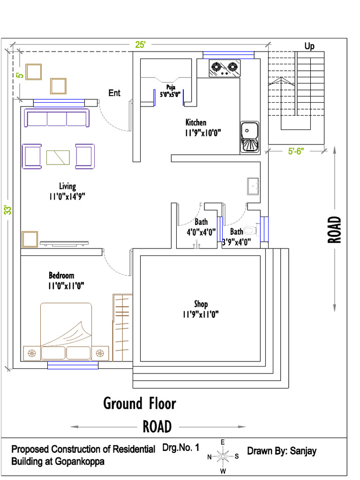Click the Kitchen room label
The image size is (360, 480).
click(x=195, y=123)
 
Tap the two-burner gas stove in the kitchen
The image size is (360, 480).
click(x=224, y=68)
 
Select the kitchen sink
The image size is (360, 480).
click(x=249, y=137)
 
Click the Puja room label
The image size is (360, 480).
click(x=170, y=87)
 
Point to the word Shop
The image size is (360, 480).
click(x=201, y=304)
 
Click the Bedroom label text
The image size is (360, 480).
click(x=61, y=275)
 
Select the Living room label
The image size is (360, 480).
click(x=67, y=186)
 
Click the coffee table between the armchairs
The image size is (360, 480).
click(x=58, y=157)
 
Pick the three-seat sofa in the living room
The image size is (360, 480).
click(x=57, y=118)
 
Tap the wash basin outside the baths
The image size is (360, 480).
click(x=254, y=186)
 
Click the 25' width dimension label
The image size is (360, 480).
click(x=140, y=45)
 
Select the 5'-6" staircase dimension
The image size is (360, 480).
click(x=296, y=151)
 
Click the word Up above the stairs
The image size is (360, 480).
click(x=309, y=46)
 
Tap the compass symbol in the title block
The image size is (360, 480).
click(x=223, y=456)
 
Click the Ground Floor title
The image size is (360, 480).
click(x=140, y=403)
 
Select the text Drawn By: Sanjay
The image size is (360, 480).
click(x=282, y=451)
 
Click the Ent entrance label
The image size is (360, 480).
click(x=114, y=93)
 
